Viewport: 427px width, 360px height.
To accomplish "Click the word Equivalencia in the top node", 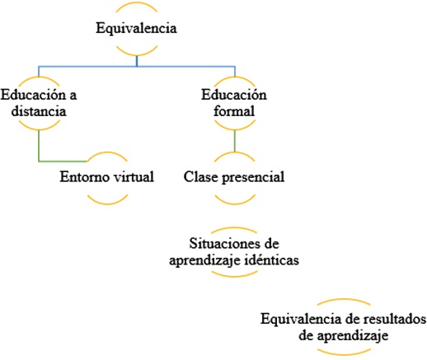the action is pos(136,29).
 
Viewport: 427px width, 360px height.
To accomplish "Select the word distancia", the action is pos(39,111).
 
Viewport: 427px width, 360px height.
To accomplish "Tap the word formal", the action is pos(234,111).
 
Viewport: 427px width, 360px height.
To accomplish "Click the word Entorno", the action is pos(85,176).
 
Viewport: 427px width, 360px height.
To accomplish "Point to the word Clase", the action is pos(200,176).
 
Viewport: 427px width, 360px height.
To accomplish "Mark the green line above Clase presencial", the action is pos(235,141).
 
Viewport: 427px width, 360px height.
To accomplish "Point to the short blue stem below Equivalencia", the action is pos(137,61).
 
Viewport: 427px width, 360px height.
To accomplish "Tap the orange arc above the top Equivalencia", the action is pos(137,3).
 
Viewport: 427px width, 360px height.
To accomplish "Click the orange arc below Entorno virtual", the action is pos(108,203).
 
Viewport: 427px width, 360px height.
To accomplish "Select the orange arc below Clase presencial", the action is pos(235,203).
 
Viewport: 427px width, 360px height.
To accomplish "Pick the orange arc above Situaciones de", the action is pos(234,228).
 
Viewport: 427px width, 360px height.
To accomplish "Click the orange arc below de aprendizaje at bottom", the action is pos(344,353).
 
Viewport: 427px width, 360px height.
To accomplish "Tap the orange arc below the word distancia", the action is pos(39,129).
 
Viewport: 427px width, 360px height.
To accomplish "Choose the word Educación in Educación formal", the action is pos(234,95).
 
